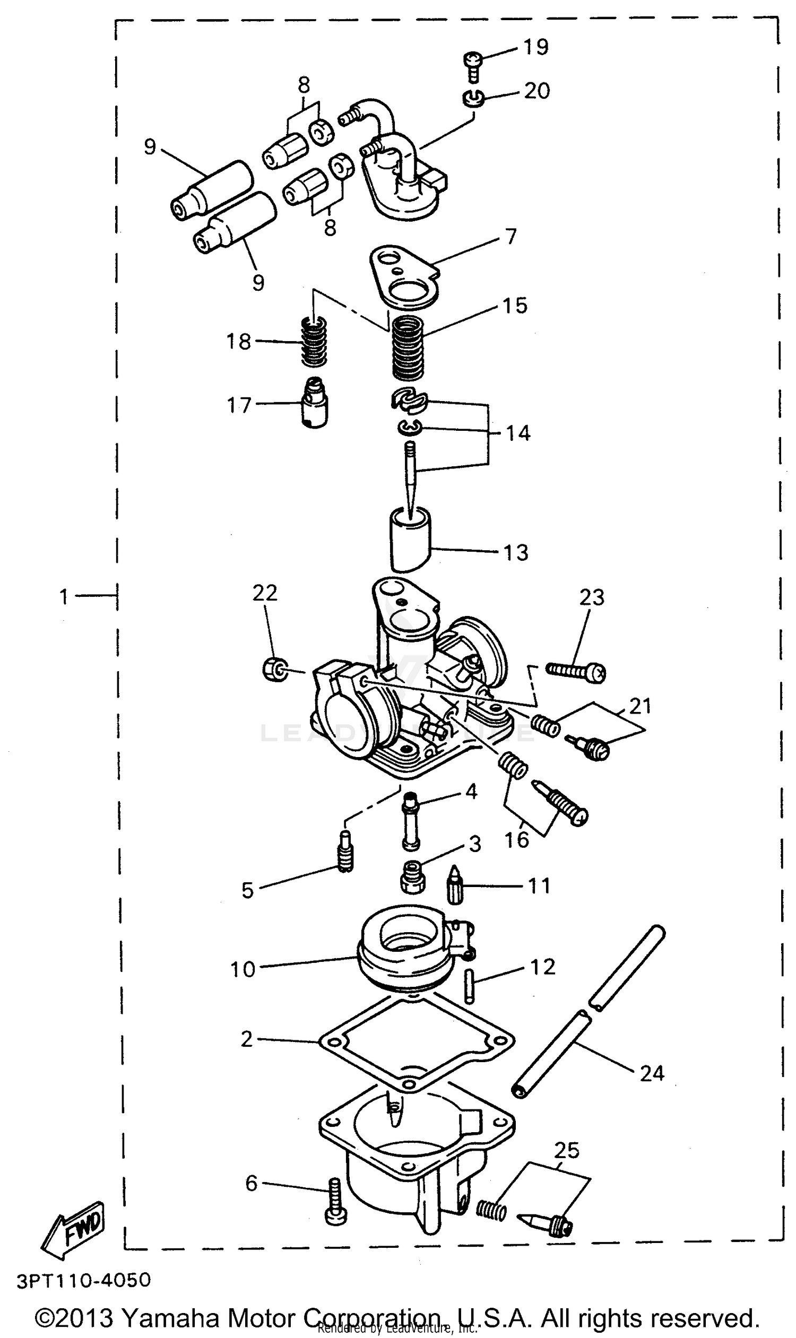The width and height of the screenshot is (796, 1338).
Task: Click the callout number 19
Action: point(535,47)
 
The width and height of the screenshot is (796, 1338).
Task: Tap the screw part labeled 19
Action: point(472,65)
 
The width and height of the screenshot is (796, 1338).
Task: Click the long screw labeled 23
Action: point(576,671)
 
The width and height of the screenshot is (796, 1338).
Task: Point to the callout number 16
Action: point(516,840)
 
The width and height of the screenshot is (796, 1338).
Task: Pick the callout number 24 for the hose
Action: point(652,1073)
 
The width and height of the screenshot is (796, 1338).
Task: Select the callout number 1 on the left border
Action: point(64,596)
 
